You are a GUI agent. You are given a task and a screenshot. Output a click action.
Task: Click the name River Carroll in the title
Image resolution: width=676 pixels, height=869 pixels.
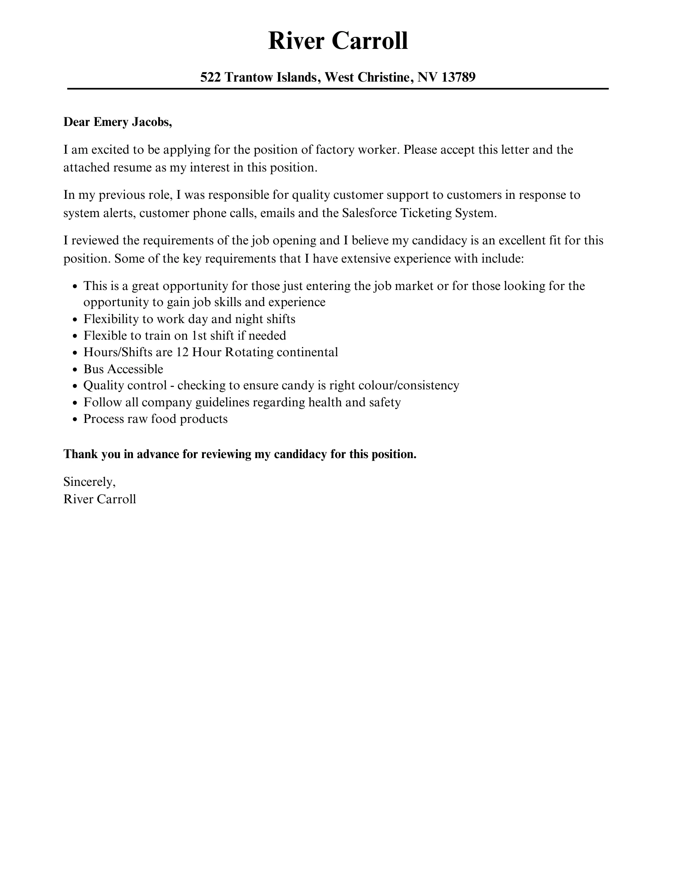338,41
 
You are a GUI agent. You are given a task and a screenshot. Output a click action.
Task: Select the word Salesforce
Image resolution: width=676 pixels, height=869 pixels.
371,213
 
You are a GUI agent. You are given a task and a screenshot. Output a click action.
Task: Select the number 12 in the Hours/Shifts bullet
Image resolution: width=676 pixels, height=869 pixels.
183,352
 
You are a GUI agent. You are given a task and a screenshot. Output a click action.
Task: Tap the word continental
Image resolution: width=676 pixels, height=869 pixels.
307,352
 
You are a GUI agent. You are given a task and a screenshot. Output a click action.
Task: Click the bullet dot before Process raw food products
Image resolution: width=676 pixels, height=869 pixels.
75,420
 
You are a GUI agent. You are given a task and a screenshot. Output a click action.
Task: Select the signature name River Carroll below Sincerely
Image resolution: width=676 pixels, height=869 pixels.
100,499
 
